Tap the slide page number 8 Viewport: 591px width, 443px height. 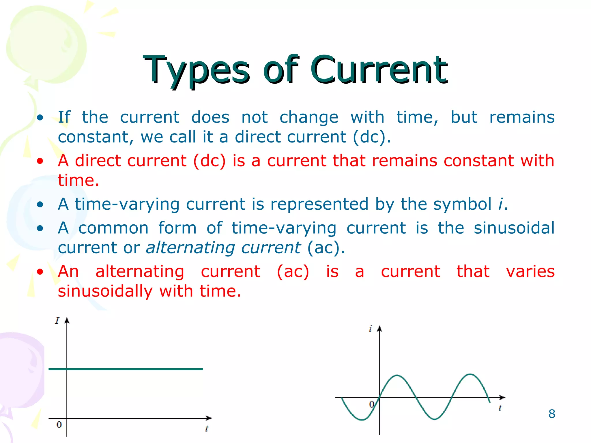[551, 414]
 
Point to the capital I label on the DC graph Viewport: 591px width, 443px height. [57, 321]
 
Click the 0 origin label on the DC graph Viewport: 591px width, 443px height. [59, 425]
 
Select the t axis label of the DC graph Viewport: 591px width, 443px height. [207, 429]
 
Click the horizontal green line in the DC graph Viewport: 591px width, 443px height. [130, 369]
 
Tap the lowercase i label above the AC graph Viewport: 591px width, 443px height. [370, 329]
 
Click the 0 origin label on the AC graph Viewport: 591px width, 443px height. [372, 404]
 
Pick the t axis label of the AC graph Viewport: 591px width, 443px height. [500, 408]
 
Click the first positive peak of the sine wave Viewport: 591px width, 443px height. [397, 376]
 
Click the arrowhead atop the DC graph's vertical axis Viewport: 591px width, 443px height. [67, 320]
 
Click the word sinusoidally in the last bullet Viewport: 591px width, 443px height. [105, 291]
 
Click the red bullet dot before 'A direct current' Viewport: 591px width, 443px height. [40, 161]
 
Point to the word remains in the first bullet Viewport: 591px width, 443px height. [522, 117]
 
